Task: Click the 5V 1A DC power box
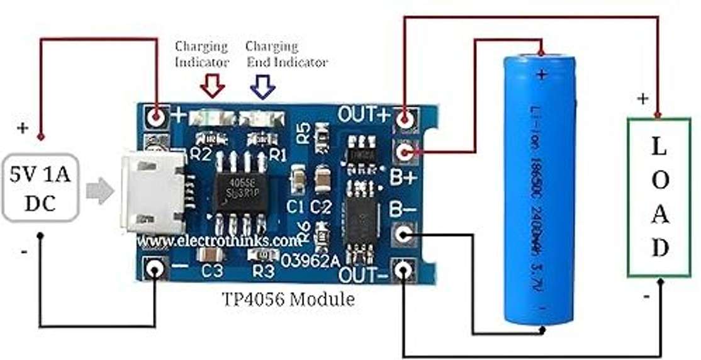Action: coord(40,188)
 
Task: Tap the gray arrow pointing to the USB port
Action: coord(98,191)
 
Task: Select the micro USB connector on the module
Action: coord(153,191)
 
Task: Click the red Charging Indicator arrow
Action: coord(213,86)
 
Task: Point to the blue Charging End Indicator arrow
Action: coord(262,86)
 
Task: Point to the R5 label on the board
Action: coord(303,133)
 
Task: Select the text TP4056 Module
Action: coord(288,300)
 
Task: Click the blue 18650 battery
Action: coord(540,189)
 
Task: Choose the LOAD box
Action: coord(658,196)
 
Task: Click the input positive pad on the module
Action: coord(156,116)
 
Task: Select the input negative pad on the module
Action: coord(155,269)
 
